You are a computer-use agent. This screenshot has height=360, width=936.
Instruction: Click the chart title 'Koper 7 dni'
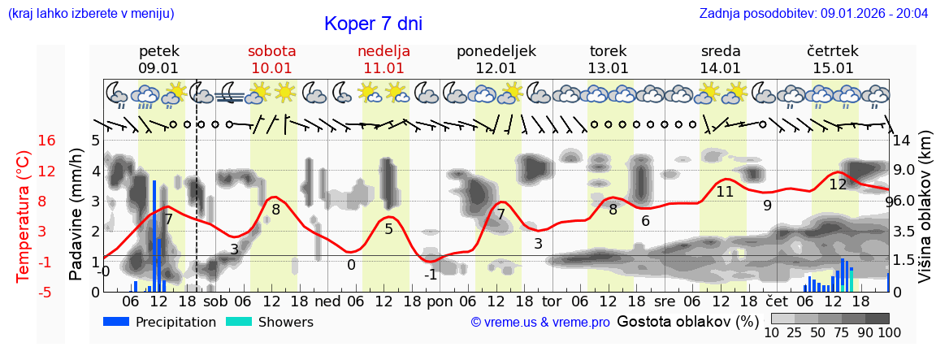[373, 24]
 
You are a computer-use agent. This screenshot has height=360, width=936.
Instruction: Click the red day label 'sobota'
[271, 50]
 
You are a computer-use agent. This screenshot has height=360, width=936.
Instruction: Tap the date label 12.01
[496, 68]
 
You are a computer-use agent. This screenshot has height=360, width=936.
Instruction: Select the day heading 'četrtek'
[832, 50]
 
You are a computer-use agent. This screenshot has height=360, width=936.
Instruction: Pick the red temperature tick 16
[46, 141]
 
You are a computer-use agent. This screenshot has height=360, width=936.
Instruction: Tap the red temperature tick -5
[46, 292]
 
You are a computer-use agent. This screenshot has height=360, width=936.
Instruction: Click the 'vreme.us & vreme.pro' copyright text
[540, 323]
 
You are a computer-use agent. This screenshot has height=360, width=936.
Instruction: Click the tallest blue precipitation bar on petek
[154, 236]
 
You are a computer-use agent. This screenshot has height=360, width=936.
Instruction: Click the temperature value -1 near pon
[431, 275]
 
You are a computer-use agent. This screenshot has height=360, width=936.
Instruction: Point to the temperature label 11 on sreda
[725, 192]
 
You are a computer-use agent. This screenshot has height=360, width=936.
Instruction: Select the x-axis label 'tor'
[552, 301]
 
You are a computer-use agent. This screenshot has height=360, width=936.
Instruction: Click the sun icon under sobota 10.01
[284, 92]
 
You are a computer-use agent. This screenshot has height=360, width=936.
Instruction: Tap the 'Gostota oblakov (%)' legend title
[687, 321]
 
